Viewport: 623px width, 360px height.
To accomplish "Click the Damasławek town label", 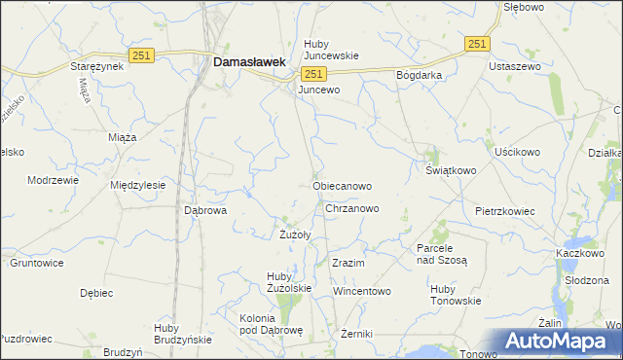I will (249, 61).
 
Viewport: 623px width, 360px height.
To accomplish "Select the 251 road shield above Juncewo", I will (313, 75).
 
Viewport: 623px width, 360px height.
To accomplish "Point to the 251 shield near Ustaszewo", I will (477, 44).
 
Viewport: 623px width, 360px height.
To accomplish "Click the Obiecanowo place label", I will (342, 185).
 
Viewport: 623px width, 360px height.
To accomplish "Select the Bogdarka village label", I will (420, 75).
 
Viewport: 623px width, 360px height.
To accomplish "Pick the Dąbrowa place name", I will (205, 209).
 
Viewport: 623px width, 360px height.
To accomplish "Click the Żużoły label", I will (295, 234).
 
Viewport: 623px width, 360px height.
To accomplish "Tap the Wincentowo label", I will (361, 291).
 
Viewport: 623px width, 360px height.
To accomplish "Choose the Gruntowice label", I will (36, 263).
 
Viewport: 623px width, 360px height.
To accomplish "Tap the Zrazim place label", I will (348, 264).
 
